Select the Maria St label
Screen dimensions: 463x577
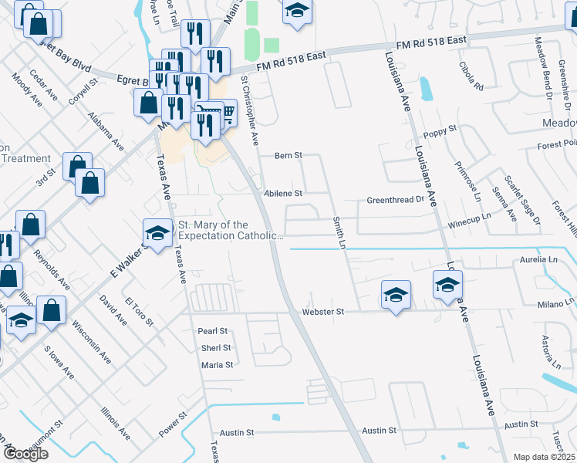[x=217, y=365]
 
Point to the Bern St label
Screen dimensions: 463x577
[x=288, y=156]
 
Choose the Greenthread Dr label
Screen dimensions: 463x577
[x=396, y=199]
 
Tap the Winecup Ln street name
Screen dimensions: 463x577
[x=469, y=222]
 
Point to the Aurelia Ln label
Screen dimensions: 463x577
[x=538, y=260]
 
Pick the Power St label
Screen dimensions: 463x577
[x=174, y=426]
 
